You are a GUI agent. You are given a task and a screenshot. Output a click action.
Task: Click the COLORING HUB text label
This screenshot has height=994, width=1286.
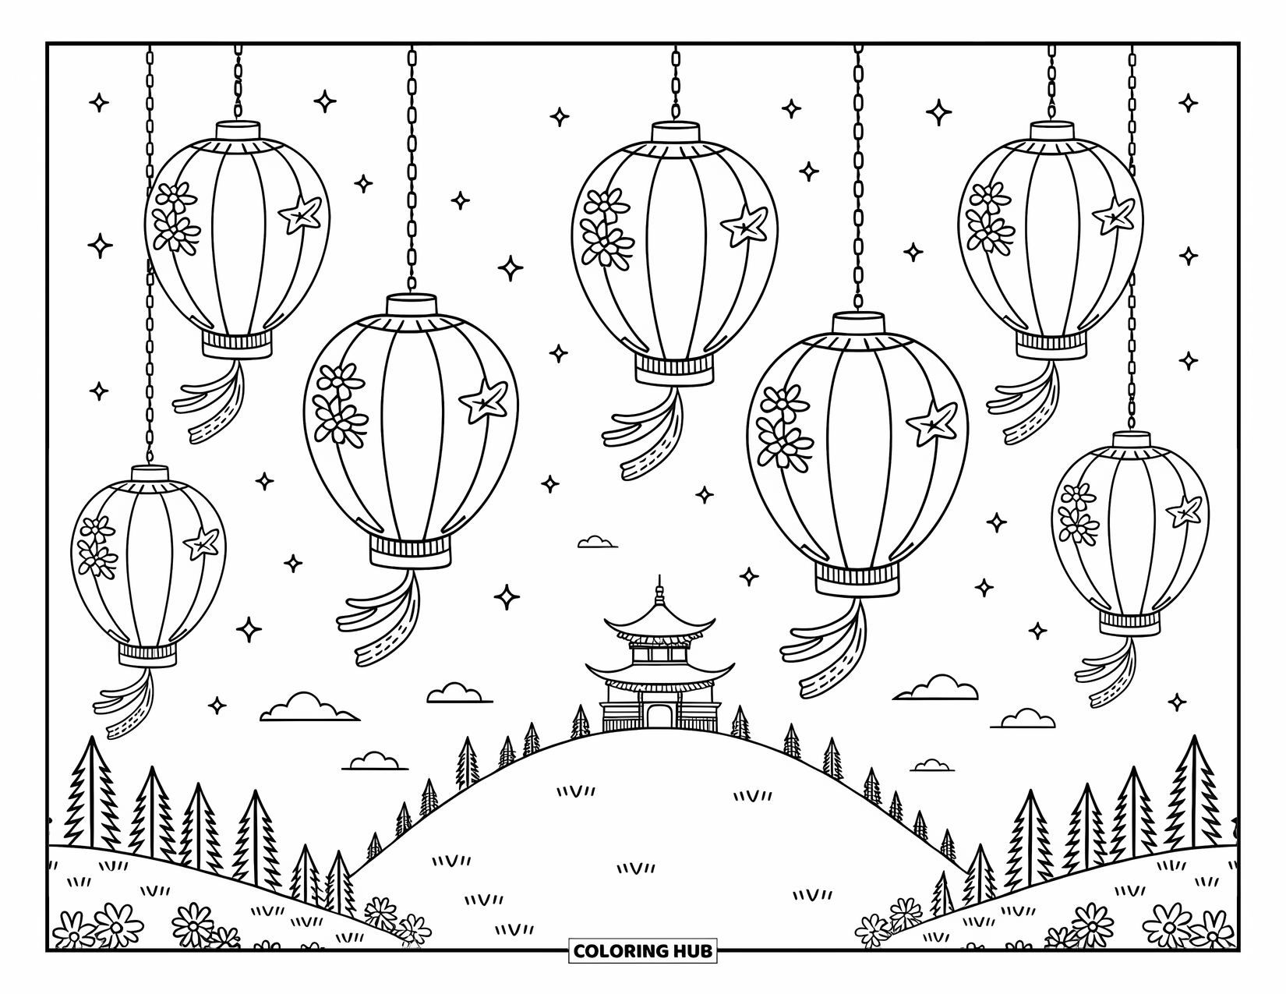643,951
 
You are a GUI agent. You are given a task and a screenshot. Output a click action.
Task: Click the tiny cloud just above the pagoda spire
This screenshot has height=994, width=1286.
597,542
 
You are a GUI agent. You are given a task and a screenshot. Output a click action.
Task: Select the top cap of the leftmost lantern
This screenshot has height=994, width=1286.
150,474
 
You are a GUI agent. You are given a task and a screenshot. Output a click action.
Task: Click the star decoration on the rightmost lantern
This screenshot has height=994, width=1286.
1184,511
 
